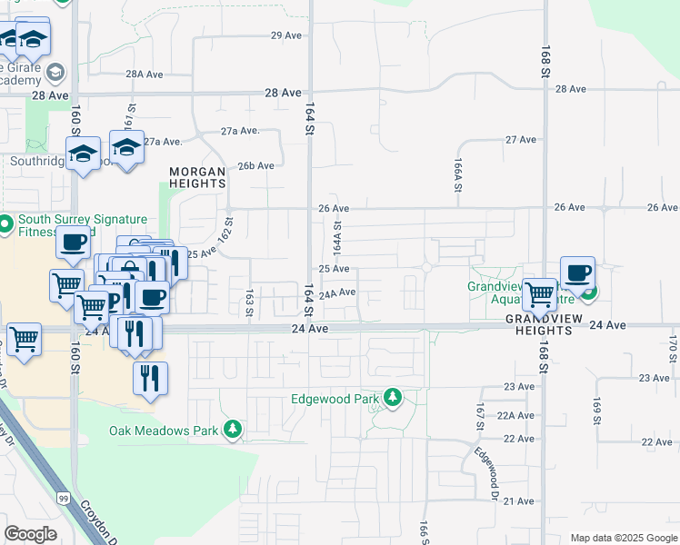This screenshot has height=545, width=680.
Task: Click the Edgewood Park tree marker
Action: point(393,398)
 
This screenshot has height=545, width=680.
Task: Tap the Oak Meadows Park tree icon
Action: point(234,429)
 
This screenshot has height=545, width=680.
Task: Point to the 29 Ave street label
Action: point(285,35)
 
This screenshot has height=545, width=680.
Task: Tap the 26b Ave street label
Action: point(255,165)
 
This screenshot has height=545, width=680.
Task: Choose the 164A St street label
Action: point(336,238)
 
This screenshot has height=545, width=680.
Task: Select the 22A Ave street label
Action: point(519,415)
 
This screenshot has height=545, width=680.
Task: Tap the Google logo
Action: point(30,534)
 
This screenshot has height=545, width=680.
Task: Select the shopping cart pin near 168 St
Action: point(540,294)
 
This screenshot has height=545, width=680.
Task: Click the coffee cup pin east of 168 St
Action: point(577,273)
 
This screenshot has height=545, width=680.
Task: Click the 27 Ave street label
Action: point(521,140)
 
